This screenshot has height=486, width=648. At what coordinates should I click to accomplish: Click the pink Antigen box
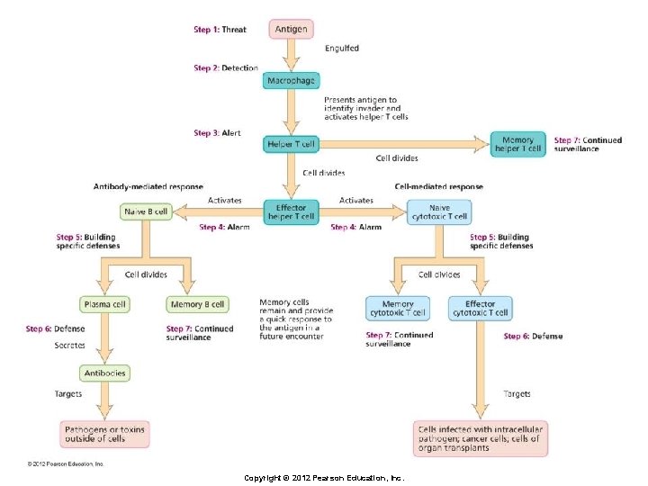tap(291, 29)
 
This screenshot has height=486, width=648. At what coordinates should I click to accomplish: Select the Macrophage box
tap(291, 81)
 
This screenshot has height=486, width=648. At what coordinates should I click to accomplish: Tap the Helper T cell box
tap(290, 144)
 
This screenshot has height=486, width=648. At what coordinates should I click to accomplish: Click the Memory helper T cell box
tap(517, 144)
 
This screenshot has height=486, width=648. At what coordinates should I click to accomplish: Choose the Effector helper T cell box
tap(291, 212)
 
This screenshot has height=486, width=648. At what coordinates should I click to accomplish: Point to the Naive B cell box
tap(146, 212)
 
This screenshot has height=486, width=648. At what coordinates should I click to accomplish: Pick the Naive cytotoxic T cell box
tap(438, 212)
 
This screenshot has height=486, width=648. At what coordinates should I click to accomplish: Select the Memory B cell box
tap(197, 304)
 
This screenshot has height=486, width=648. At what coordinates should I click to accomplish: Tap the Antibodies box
tap(104, 373)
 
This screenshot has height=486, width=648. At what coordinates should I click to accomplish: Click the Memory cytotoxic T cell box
tap(398, 309)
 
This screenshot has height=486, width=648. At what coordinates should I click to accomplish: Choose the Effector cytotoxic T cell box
tap(481, 309)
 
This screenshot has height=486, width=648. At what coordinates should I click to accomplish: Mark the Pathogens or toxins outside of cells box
tap(104, 436)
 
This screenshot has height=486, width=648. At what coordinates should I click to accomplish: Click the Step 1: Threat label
tap(220, 30)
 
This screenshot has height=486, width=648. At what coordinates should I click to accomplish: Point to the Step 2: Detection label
tap(225, 67)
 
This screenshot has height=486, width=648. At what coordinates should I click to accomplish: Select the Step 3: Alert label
tap(217, 133)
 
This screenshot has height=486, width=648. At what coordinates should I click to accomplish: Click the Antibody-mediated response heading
tap(148, 187)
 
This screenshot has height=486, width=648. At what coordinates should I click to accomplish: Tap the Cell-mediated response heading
tap(438, 187)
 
